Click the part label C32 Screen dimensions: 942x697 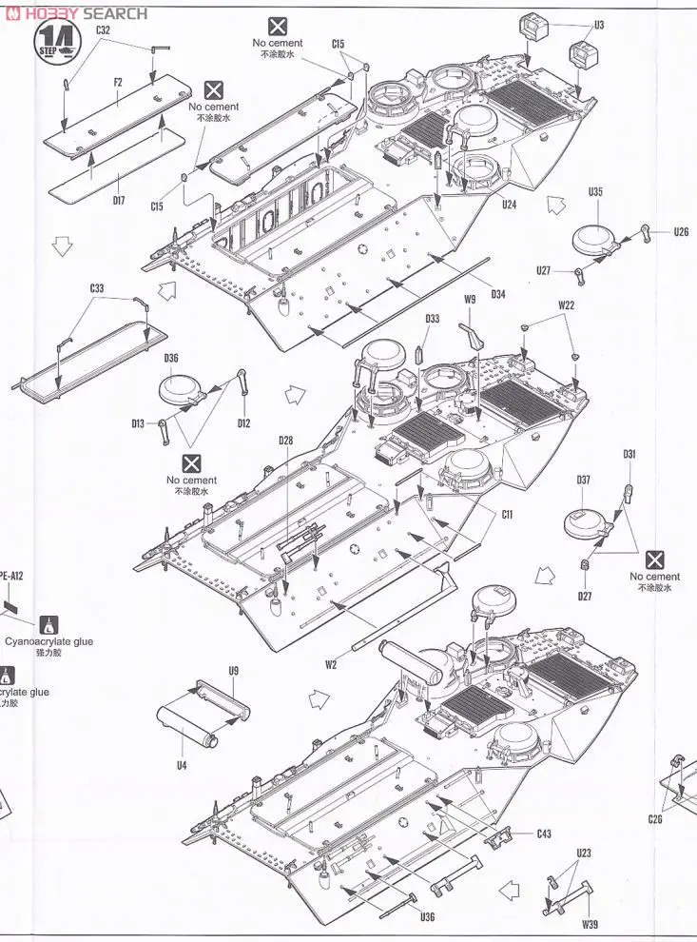tap(104, 30)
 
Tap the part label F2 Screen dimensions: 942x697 tap(118, 83)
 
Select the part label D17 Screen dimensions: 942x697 tap(118, 201)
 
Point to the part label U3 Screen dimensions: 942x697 tap(598, 26)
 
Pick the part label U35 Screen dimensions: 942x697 tap(595, 191)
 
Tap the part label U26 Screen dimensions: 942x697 tap(681, 232)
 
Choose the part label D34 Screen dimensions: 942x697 tap(498, 293)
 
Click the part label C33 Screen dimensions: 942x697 tap(97, 287)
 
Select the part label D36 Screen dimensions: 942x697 tap(171, 359)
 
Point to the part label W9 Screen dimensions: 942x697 tap(470, 301)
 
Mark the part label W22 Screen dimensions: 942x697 tap(567, 305)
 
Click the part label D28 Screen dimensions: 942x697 tap(286, 440)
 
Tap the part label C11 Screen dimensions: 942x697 tap(507, 514)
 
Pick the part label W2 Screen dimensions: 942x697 tap(330, 664)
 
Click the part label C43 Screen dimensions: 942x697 tap(543, 834)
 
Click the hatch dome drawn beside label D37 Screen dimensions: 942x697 tap(586, 521)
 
